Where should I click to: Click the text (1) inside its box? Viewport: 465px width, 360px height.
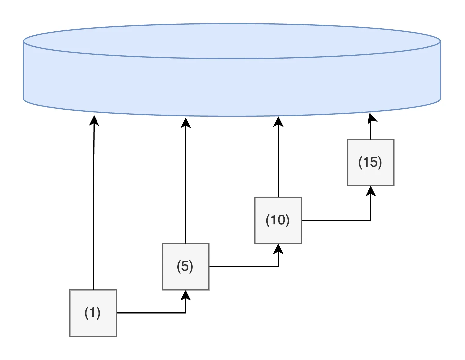click(93, 313)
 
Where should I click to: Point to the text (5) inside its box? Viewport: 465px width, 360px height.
click(185, 266)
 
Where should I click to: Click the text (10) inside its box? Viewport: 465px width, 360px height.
click(278, 220)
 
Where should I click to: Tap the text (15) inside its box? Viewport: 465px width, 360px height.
click(370, 162)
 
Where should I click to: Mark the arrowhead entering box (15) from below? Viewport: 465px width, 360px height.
click(371, 191)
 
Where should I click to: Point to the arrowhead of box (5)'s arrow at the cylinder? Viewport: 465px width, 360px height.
click(186, 122)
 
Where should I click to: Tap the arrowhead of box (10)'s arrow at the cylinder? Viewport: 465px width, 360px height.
click(278, 121)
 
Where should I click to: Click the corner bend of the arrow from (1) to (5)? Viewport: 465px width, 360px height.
click(186, 313)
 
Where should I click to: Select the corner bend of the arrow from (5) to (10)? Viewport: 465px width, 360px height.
click(278, 266)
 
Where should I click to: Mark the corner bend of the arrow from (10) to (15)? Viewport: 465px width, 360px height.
click(371, 220)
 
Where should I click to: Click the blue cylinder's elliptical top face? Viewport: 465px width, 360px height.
click(232, 41)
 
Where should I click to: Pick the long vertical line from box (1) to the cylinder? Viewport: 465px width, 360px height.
click(94, 205)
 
